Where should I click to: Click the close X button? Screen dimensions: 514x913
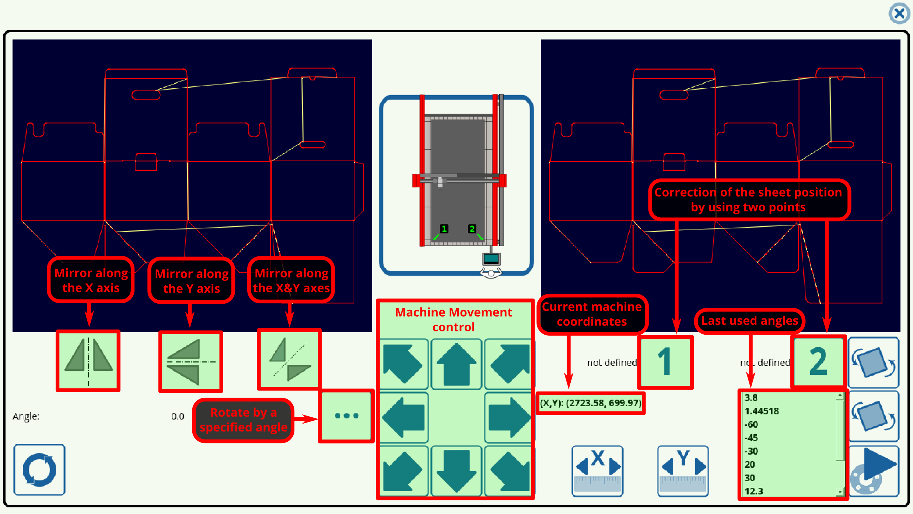pyautogui.click(x=899, y=14)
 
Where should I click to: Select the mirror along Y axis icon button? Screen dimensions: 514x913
pyautogui.click(x=190, y=362)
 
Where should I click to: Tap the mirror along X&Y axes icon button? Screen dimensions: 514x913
pyautogui.click(x=289, y=359)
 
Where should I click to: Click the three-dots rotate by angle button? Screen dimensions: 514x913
pyautogui.click(x=346, y=416)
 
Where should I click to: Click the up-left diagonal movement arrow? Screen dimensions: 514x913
pyautogui.click(x=404, y=364)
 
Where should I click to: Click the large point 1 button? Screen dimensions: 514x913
pyautogui.click(x=665, y=362)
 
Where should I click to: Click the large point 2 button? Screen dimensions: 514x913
pyautogui.click(x=818, y=362)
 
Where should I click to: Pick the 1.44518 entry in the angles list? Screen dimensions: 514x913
pyautogui.click(x=762, y=411)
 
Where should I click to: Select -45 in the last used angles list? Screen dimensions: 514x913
pyautogui.click(x=752, y=438)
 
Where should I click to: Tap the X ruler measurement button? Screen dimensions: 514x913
pyautogui.click(x=597, y=471)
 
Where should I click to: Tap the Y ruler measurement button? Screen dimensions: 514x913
pyautogui.click(x=683, y=471)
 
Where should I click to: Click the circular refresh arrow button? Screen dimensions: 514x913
pyautogui.click(x=39, y=470)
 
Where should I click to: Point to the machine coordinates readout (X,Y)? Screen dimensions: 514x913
pyautogui.click(x=591, y=403)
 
